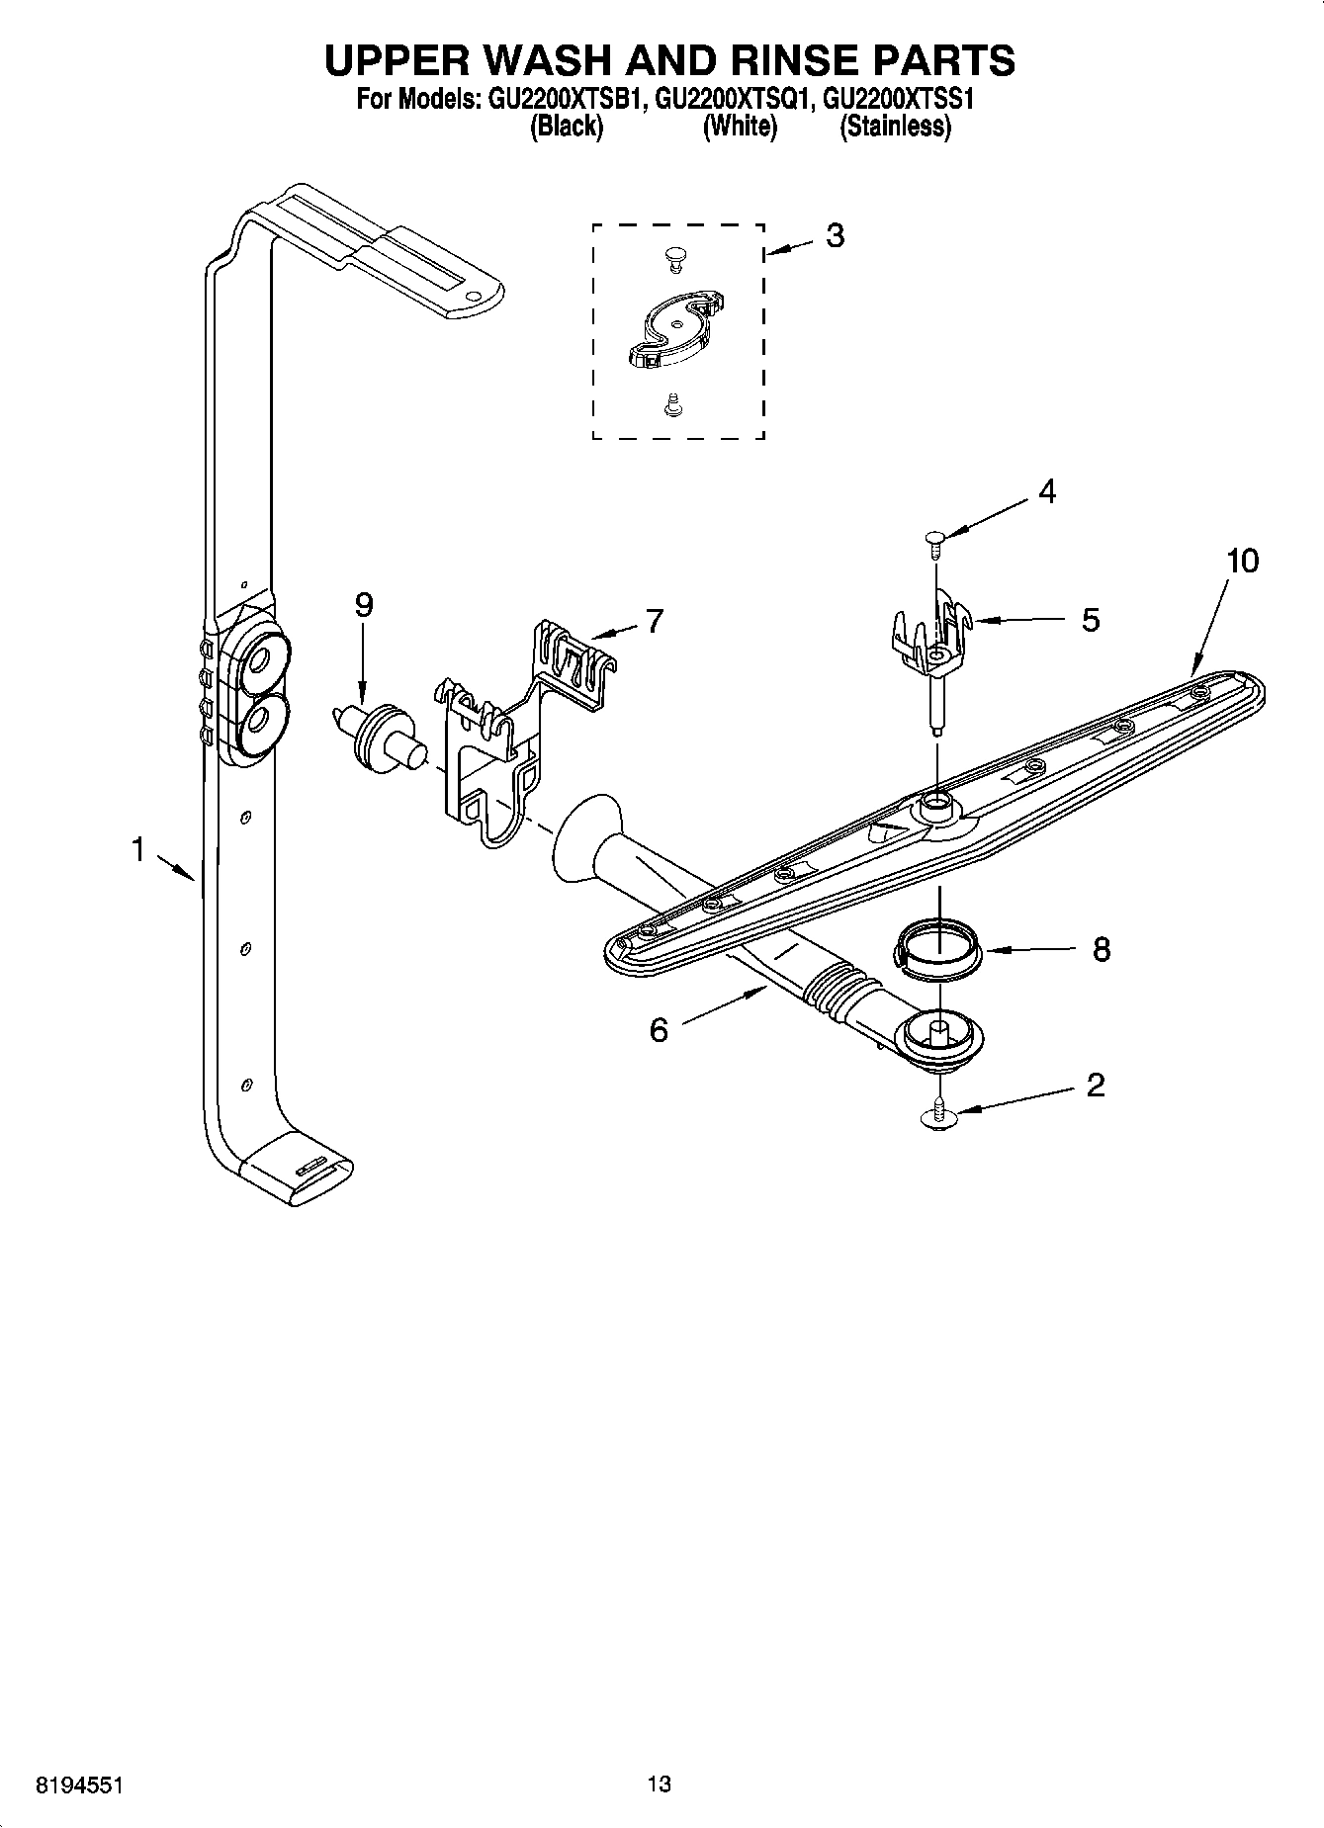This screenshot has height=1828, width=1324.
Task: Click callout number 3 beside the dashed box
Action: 835,236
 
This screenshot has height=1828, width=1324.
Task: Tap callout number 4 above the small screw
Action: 1046,491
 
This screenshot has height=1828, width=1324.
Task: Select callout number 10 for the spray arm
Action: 1242,562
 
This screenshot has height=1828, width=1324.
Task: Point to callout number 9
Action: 364,605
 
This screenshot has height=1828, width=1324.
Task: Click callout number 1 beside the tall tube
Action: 138,848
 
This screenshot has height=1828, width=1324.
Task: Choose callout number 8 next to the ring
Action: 1101,950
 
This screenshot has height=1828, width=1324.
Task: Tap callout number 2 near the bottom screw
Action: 1095,1086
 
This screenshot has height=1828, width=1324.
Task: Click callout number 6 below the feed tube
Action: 659,1030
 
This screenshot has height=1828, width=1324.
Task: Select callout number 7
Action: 654,621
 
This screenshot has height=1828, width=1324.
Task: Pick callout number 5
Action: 1090,620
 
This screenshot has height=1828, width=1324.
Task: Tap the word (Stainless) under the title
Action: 895,127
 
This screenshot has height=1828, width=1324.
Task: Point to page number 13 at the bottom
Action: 660,1784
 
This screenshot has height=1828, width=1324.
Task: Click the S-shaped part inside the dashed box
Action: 675,329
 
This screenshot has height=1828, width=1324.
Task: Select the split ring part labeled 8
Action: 937,948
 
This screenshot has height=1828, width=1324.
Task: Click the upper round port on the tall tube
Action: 264,658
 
